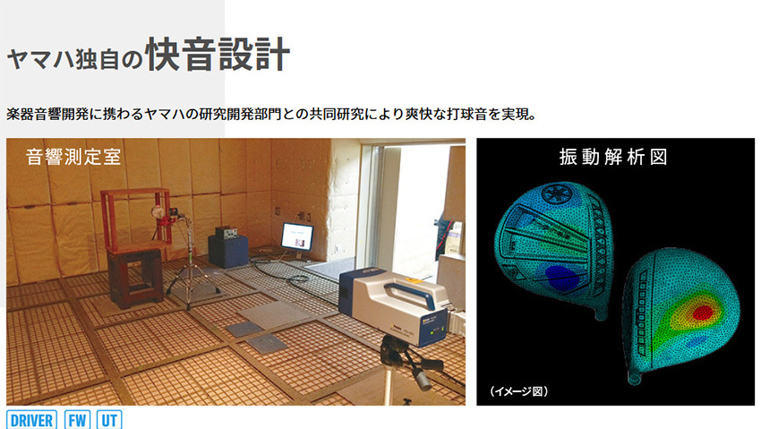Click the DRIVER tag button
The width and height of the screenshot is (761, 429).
(x=31, y=420)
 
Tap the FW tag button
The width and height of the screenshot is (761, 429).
(x=77, y=420)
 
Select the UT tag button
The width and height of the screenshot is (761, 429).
(x=109, y=420)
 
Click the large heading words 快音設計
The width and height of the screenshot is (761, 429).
(x=218, y=54)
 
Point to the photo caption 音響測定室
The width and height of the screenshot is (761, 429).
(x=73, y=157)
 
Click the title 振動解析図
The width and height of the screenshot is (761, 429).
(x=613, y=157)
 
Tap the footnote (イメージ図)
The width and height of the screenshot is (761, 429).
(x=518, y=391)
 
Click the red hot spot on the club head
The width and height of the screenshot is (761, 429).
(x=702, y=313)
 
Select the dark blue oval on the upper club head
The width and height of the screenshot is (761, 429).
(x=561, y=277)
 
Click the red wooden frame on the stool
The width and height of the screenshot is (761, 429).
(x=136, y=219)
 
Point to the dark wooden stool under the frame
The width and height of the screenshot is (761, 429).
(x=135, y=278)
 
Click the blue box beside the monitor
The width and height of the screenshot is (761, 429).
(x=228, y=251)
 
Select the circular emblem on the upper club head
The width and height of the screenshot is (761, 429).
(x=557, y=194)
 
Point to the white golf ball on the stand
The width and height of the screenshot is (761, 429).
(x=157, y=211)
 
